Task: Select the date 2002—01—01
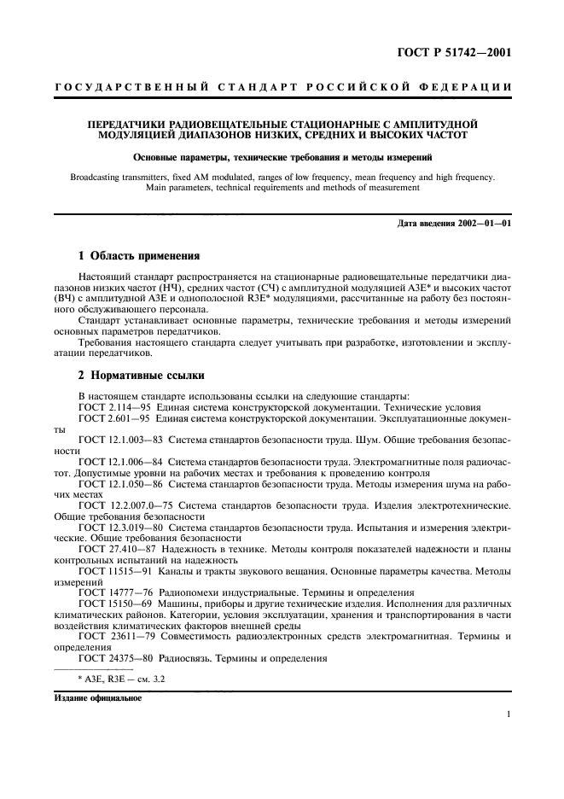click(x=482, y=224)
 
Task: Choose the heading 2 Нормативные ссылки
click(x=140, y=376)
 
